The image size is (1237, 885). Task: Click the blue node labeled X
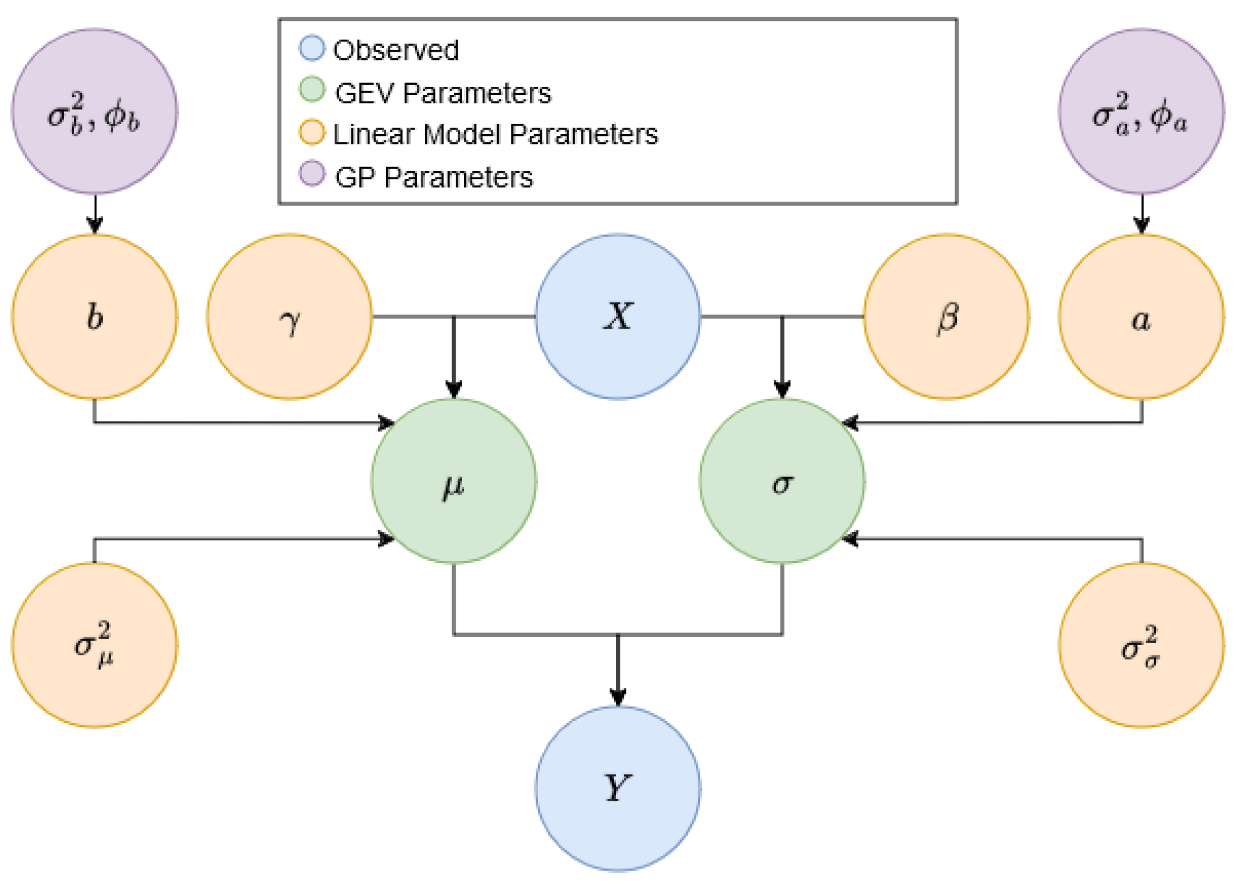pos(617,316)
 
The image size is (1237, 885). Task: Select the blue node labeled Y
pos(617,789)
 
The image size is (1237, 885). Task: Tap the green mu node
pos(453,482)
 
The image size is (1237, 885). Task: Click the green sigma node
pos(782,482)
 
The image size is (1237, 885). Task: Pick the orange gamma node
pos(289,316)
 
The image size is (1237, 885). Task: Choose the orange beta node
pos(946,316)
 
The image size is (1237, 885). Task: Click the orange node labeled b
pos(94,316)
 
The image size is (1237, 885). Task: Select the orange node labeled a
pos(1141,316)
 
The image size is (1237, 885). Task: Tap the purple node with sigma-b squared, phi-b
pos(94,112)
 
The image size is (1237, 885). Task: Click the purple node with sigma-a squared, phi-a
pos(1141,112)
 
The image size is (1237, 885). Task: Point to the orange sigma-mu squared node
pos(94,644)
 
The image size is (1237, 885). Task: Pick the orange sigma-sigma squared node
pos(1141,644)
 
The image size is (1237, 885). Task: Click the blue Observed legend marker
pos(312,48)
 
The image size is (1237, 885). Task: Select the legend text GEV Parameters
pos(442,93)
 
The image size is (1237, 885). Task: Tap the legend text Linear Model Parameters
pos(495,135)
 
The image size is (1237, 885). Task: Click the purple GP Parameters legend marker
pos(312,174)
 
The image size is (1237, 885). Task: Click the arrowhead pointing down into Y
pos(617,697)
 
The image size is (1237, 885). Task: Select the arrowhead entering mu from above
pos(453,389)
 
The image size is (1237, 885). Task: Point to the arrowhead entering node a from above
pos(1141,225)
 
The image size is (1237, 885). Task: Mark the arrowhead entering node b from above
pos(94,225)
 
